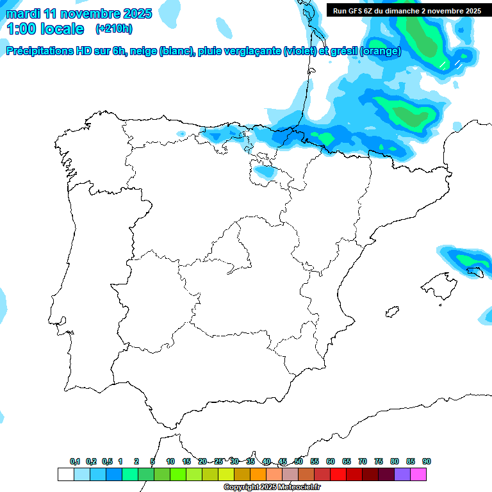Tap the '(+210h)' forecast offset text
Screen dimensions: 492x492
(114, 29)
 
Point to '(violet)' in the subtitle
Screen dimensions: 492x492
(299, 52)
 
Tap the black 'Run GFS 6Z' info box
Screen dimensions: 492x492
(407, 11)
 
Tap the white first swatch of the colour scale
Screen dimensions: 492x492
(65, 474)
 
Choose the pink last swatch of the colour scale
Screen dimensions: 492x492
(418, 474)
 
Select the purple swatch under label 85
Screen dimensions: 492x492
(402, 474)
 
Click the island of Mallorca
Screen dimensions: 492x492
(439, 283)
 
